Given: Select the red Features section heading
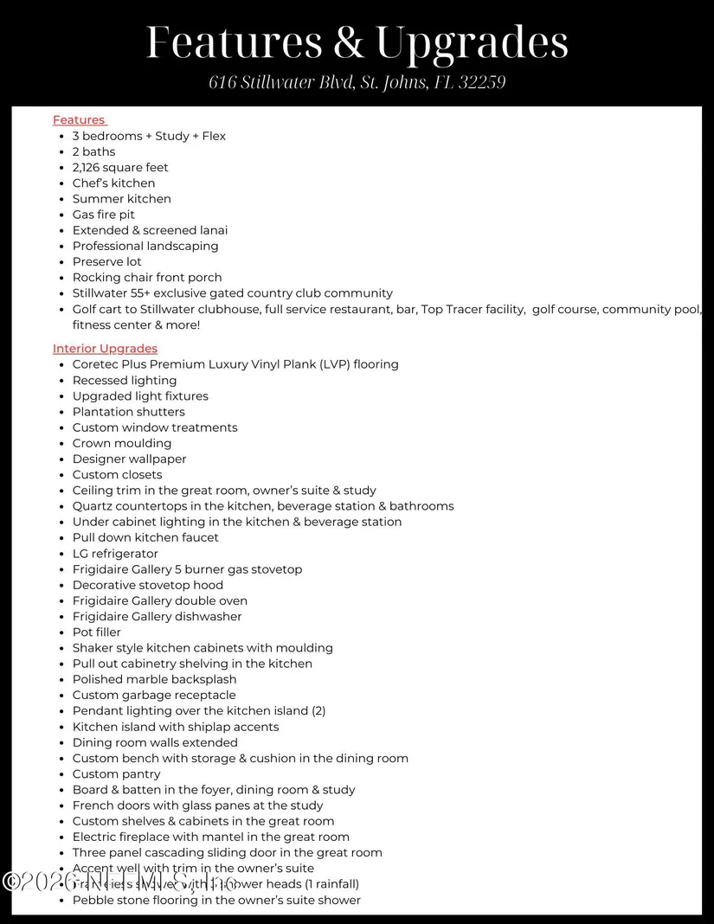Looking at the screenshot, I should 79,120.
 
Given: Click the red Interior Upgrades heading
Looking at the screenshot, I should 105,349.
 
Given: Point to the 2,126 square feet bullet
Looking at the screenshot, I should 120,168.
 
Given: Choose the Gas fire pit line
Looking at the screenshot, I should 104,215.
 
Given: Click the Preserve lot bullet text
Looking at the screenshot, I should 107,262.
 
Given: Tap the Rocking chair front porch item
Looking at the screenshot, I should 147,278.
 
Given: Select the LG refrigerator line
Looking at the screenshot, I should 115,554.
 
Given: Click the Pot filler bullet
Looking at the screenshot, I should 97,632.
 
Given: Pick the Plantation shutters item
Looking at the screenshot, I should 129,412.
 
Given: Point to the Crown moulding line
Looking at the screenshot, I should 122,444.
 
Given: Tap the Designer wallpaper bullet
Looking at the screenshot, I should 130,459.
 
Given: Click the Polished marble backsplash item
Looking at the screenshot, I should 155,680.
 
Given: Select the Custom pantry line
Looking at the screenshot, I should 117,774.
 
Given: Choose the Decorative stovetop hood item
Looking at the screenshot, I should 148,586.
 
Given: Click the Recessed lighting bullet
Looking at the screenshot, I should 125,381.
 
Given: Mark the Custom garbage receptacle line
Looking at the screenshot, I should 154,696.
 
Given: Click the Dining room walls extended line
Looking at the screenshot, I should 155,743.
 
